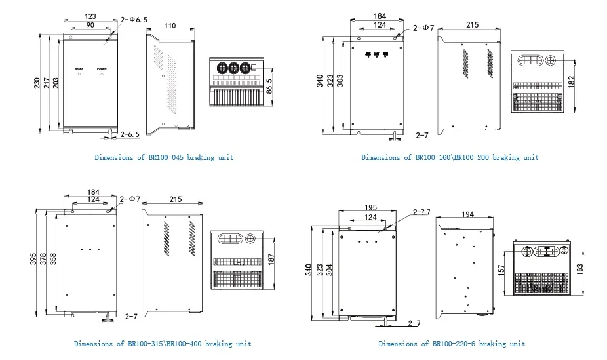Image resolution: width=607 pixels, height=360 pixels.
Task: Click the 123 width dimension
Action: tap(90, 16)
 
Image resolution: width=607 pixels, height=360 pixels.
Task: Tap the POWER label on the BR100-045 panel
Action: tap(102, 68)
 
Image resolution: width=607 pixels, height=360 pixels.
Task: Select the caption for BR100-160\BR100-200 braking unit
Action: tap(450, 158)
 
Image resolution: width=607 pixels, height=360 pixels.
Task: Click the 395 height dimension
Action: tap(33, 260)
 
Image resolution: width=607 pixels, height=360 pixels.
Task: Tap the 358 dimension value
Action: tap(54, 260)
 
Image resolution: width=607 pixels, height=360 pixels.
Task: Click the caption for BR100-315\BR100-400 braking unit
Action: tap(162, 344)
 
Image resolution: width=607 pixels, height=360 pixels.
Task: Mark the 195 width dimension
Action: tap(370, 208)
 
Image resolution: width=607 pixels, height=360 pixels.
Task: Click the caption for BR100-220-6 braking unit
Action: tap(452, 344)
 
